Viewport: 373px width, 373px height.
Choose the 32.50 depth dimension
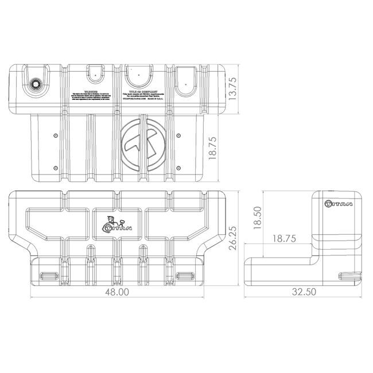click(304, 292)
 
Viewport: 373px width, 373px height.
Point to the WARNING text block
click(88, 96)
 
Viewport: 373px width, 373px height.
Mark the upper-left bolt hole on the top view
click(55, 135)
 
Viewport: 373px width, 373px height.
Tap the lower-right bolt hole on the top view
click(179, 168)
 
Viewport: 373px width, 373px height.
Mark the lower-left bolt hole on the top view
click(55, 168)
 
